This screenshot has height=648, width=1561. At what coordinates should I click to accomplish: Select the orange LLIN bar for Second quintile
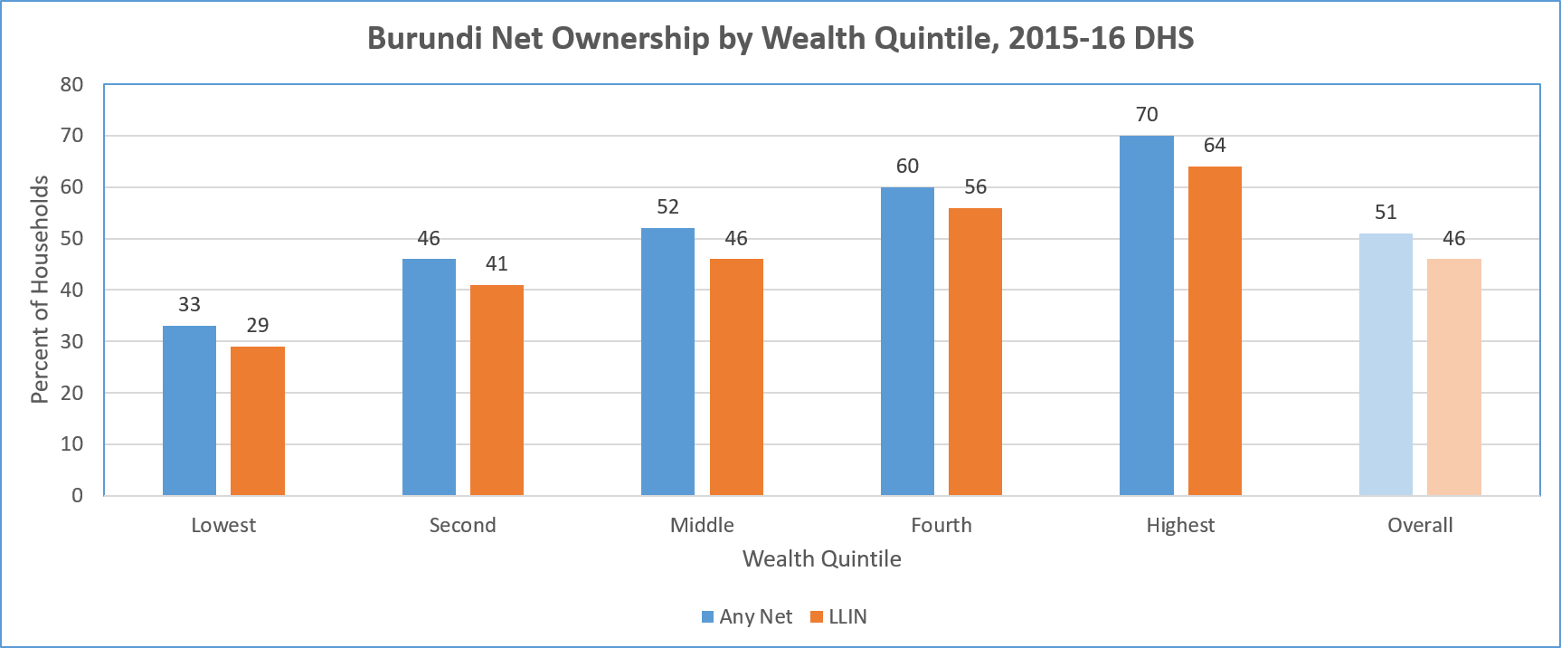coord(497,390)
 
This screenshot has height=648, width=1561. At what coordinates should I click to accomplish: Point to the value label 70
coord(1146,115)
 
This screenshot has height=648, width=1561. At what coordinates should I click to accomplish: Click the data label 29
coord(258,326)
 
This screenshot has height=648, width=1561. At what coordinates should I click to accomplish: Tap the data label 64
coord(1215,146)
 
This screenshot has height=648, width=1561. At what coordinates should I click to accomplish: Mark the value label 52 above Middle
coord(667,207)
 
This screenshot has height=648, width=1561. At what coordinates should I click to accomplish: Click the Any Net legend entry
coord(747,617)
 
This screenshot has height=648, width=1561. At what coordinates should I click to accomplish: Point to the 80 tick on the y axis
coord(71,85)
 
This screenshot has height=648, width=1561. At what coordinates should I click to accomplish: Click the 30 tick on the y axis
coord(71,342)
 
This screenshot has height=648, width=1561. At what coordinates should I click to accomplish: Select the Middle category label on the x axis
coord(702,526)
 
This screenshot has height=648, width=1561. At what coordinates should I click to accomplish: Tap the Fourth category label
coord(941,526)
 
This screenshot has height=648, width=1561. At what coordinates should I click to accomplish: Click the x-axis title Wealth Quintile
coord(821,559)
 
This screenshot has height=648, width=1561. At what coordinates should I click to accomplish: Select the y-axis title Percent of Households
coord(40,290)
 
